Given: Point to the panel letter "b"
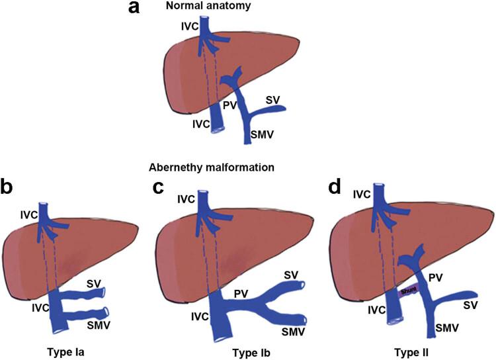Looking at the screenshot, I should (11, 187).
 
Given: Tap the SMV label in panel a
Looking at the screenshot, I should (263, 136).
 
